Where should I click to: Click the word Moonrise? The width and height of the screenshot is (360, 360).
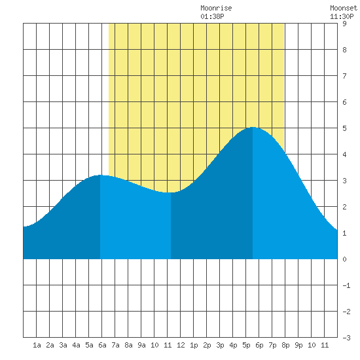pyautogui.click(x=216, y=8)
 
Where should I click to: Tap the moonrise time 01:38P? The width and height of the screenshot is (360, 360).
pyautogui.click(x=212, y=16)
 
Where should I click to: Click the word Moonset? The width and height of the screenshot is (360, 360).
pyautogui.click(x=344, y=8)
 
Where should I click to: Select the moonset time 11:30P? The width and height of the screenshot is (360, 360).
pyautogui.click(x=342, y=16)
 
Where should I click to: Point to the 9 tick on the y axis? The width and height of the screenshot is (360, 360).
pyautogui.click(x=344, y=24)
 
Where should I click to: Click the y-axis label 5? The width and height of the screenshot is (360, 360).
pyautogui.click(x=344, y=128)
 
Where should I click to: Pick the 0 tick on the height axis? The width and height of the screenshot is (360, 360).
pyautogui.click(x=344, y=259)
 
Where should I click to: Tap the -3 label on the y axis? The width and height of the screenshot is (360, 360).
pyautogui.click(x=346, y=338)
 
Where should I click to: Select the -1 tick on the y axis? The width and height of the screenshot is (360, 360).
pyautogui.click(x=346, y=285)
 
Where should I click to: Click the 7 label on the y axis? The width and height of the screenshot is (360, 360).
pyautogui.click(x=344, y=76)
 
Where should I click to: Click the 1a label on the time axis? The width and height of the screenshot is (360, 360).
pyautogui.click(x=37, y=345)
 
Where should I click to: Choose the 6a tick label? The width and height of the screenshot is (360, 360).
pyautogui.click(x=102, y=345)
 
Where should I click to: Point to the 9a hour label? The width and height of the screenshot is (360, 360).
pyautogui.click(x=141, y=345)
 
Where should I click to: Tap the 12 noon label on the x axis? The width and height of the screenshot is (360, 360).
pyautogui.click(x=181, y=345)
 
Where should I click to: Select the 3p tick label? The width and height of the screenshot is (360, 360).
pyautogui.click(x=220, y=345)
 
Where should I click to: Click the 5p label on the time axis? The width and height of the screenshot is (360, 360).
pyautogui.click(x=246, y=345)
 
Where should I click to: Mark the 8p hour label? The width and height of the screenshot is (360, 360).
pyautogui.click(x=285, y=345)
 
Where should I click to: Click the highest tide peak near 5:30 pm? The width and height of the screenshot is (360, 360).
pyautogui.click(x=253, y=127)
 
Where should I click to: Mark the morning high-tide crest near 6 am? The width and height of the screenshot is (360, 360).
pyautogui.click(x=100, y=175)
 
